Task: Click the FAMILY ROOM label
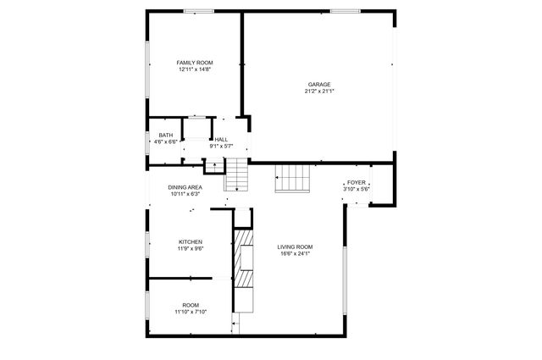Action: click(194, 63)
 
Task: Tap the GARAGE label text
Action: click(318, 84)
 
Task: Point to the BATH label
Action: click(166, 136)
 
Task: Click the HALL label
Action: click(221, 140)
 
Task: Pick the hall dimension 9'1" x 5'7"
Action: click(221, 147)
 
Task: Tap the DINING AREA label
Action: click(185, 187)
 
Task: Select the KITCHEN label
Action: click(190, 242)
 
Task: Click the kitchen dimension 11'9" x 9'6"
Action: click(190, 249)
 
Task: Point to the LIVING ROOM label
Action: click(296, 246)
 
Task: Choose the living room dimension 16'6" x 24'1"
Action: click(296, 253)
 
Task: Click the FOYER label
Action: click(356, 182)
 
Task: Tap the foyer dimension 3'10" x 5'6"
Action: click(356, 189)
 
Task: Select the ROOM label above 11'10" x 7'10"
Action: click(191, 305)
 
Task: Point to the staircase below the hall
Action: click(237, 177)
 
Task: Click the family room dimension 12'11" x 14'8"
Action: click(194, 69)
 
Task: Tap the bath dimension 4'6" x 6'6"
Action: click(166, 142)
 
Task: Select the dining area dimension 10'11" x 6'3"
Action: click(185, 194)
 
